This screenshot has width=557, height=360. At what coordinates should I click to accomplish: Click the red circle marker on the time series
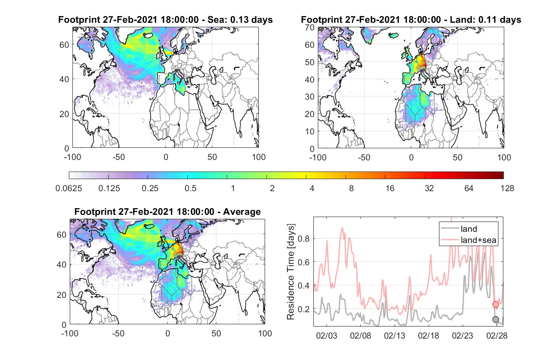[x=496, y=304]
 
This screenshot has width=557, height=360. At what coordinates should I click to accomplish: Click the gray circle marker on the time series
[x=496, y=319]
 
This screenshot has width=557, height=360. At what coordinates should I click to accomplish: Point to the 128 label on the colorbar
[x=507, y=188]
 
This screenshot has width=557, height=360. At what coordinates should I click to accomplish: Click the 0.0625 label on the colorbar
[x=69, y=188]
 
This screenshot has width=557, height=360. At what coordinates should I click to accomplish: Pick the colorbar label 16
[x=390, y=188]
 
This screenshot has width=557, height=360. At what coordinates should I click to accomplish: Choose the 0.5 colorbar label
[x=190, y=188]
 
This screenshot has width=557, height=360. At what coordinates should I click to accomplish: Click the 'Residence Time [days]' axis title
[x=291, y=272]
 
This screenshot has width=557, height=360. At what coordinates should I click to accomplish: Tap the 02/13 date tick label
[x=394, y=336]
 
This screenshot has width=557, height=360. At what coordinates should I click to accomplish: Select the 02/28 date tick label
[x=497, y=336]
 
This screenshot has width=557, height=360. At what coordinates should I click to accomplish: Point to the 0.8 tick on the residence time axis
[x=304, y=239]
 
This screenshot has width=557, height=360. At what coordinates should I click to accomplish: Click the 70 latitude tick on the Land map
[x=310, y=28]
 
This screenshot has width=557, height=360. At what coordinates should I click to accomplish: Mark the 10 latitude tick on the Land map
[x=310, y=131]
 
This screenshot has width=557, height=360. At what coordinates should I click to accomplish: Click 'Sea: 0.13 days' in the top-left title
[x=240, y=20]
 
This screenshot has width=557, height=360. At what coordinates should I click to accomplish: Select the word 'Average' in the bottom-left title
[x=242, y=212]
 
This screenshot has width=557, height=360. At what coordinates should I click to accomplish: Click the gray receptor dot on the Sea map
[x=176, y=71]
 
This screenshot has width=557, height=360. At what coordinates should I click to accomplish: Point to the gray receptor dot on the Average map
[x=178, y=257]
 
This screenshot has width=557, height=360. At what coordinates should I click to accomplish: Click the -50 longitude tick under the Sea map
[x=119, y=157]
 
